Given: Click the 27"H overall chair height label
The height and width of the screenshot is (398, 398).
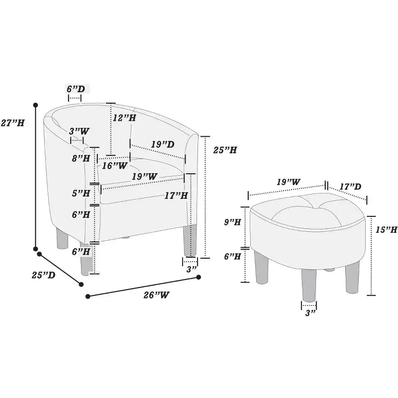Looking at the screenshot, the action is click(x=13, y=123).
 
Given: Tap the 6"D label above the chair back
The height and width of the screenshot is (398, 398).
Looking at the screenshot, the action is click(x=76, y=89).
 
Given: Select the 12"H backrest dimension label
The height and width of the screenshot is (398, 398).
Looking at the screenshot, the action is click(x=124, y=117).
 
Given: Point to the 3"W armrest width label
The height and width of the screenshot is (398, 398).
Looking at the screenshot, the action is click(x=79, y=131).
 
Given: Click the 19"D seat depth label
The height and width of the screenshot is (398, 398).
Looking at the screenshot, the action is click(x=163, y=144).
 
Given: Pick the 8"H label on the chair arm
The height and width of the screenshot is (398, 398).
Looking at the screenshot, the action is click(x=81, y=159).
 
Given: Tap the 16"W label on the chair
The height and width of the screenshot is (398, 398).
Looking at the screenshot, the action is click(x=114, y=166).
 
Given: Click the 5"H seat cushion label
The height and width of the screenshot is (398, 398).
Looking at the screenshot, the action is click(x=81, y=194).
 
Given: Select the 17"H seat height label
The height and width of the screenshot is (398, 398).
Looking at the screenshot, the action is click(x=176, y=196).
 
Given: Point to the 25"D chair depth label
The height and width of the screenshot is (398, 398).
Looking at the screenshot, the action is click(x=43, y=275).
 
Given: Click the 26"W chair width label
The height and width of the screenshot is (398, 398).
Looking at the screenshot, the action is click(x=156, y=295).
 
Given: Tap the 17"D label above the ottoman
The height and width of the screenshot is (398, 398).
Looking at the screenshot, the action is click(x=350, y=187).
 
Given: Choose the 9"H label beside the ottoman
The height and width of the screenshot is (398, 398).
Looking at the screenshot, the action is click(x=232, y=222).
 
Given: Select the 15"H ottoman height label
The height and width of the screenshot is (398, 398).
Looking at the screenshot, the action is click(x=387, y=230).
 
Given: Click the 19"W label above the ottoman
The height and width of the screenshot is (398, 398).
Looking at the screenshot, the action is click(x=289, y=182).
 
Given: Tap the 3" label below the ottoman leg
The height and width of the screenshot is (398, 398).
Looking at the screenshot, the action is click(x=310, y=313).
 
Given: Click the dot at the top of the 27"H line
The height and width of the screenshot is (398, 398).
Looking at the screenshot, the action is click(x=35, y=104).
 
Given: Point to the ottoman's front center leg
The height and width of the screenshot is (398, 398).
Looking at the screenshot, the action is click(x=309, y=286).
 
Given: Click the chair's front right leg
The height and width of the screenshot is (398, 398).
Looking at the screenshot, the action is click(x=190, y=240).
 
